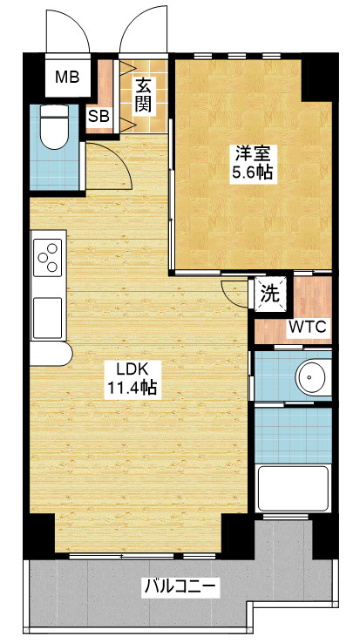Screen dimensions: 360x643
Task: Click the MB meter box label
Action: click(x=67, y=77)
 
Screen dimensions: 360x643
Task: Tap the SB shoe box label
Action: click(x=99, y=117)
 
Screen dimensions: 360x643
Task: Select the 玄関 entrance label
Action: click(x=144, y=96)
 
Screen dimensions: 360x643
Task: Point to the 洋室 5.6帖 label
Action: click(x=253, y=163)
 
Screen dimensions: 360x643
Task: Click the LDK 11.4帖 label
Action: click(x=132, y=377)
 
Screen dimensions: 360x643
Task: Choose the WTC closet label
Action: click(x=308, y=327)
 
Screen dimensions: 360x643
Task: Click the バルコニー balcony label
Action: click(x=180, y=587)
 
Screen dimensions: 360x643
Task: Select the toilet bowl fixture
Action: click(x=54, y=127)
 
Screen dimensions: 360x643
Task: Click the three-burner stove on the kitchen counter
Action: click(x=47, y=257)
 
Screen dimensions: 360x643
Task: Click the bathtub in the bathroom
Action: click(x=292, y=489)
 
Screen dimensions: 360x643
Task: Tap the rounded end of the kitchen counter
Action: click(x=65, y=354)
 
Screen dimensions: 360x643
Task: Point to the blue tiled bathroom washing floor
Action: click(x=293, y=435)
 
